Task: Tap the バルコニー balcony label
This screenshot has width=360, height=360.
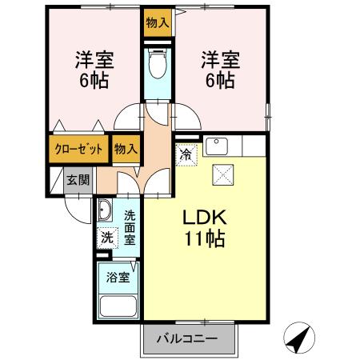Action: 190,339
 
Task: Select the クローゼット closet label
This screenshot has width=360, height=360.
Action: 78,149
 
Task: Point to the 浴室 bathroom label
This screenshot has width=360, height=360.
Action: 118,279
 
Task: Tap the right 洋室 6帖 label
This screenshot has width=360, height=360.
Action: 218,70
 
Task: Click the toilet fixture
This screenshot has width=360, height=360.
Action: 157,64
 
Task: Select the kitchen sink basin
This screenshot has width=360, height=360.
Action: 216,146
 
